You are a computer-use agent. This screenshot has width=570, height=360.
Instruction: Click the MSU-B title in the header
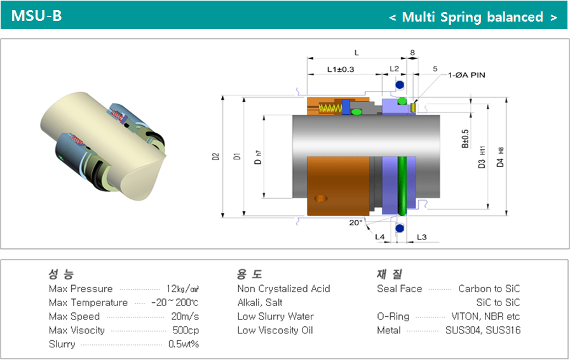pos(36,16)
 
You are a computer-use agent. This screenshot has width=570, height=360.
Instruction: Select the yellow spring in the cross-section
pos(330,109)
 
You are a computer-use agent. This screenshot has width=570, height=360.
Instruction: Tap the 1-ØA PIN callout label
pos(466,75)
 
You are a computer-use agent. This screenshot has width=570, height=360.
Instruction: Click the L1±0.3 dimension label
pos(340,69)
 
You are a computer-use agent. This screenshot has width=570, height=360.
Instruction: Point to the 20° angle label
pos(356,223)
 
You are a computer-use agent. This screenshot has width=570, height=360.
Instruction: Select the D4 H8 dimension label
pos(501,157)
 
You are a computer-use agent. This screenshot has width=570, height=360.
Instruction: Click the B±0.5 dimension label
pos(465,139)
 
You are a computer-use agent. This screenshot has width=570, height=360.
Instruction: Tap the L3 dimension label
pos(421,237)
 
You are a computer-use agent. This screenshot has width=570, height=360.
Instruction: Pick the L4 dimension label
pos(379,237)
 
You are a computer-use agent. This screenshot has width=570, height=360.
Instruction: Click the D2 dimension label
pos(216,157)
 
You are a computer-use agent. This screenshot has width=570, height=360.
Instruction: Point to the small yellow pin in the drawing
pos(413,107)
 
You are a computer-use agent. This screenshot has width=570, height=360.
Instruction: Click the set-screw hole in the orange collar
pos(321,198)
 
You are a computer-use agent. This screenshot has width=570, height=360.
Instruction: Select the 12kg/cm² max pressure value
pos(182,289)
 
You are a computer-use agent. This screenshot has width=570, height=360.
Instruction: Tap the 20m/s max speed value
pos(185,316)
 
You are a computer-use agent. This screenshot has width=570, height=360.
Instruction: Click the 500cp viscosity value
pos(186,330)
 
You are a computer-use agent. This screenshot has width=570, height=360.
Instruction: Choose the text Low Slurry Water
pos(275,316)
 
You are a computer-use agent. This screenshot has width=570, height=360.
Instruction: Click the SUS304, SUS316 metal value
pos(483,330)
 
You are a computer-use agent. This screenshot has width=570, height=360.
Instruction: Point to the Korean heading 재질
pos(390,274)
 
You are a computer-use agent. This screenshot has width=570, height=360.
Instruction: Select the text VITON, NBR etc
pos(485,316)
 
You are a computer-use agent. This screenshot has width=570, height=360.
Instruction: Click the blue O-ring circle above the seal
pos(400,85)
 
